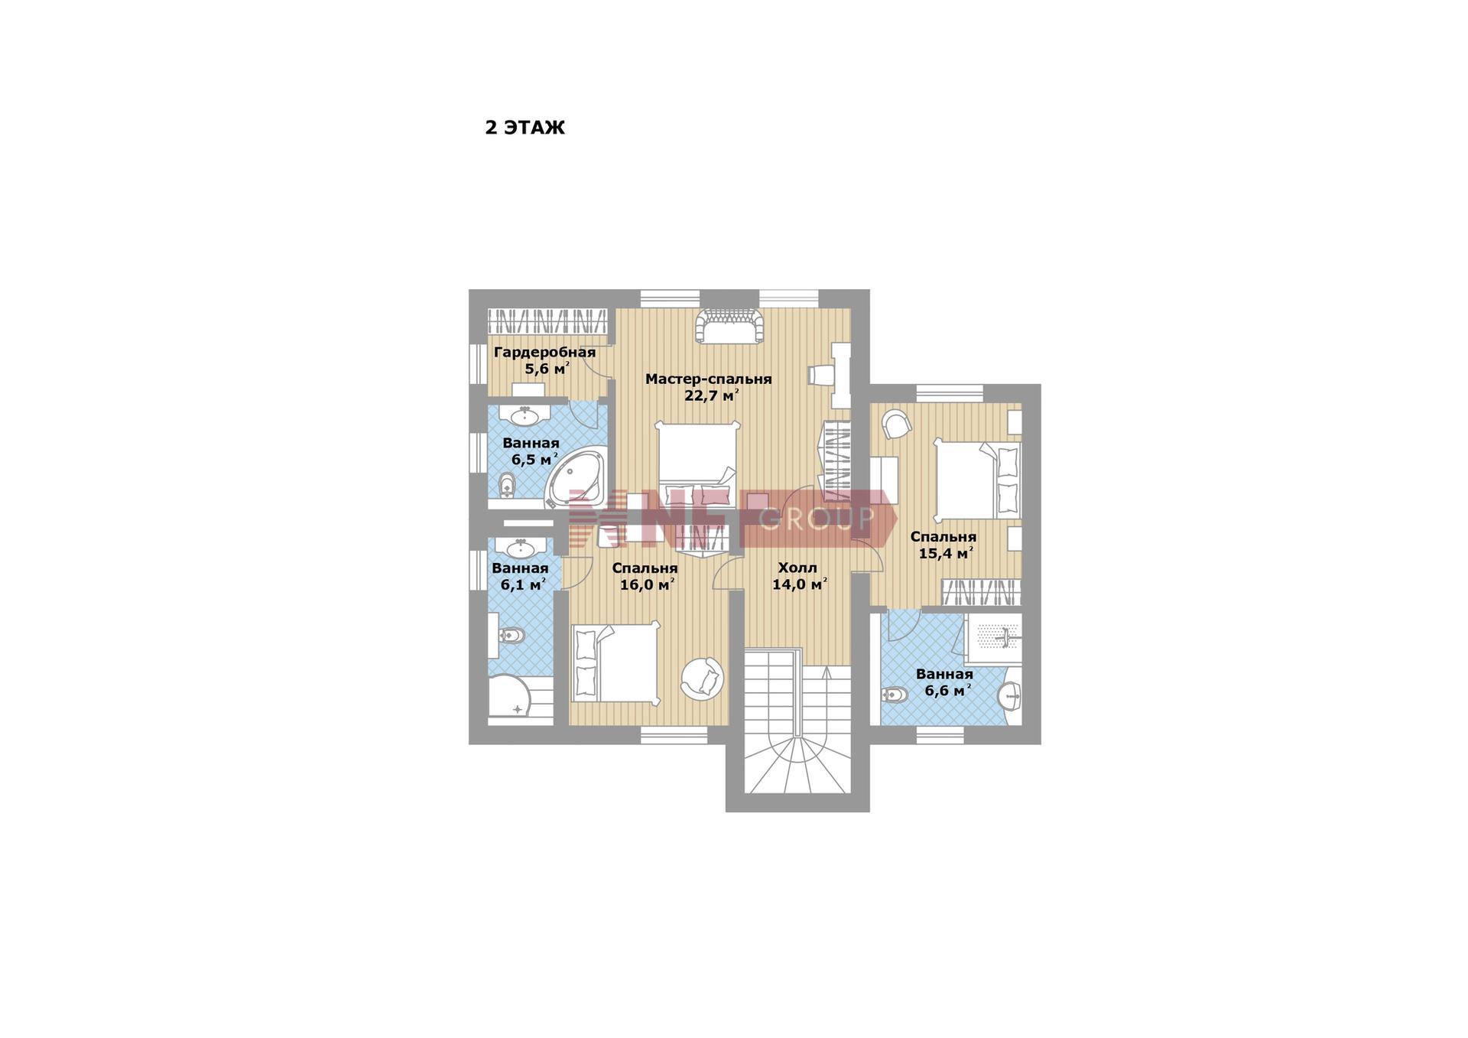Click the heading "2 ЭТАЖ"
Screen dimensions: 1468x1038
pyautogui.click(x=525, y=128)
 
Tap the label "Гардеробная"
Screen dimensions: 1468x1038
pyautogui.click(x=544, y=353)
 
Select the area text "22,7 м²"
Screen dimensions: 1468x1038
pyautogui.click(x=711, y=395)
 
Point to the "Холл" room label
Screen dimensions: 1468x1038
pyautogui.click(x=797, y=568)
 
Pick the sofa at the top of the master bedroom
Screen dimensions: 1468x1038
pyautogui.click(x=729, y=326)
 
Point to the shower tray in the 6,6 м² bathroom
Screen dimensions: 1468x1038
pyautogui.click(x=992, y=639)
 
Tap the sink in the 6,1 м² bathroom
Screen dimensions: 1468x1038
pyautogui.click(x=521, y=548)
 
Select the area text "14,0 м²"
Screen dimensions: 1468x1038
pyautogui.click(x=800, y=585)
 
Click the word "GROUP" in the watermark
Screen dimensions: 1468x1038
pyautogui.click(x=817, y=519)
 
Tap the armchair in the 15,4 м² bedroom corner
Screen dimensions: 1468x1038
pyautogui.click(x=896, y=424)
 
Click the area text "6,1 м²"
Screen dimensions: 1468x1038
pyautogui.click(x=523, y=585)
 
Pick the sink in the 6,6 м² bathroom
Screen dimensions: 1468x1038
pyautogui.click(x=1010, y=696)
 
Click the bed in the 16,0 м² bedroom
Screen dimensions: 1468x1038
pyautogui.click(x=615, y=662)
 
